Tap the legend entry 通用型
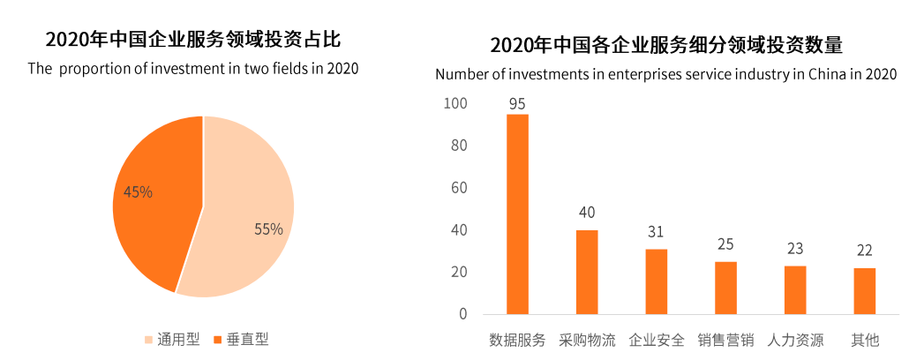(x=172, y=339)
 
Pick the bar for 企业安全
(x=656, y=281)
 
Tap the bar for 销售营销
(x=725, y=288)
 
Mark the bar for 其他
(x=864, y=291)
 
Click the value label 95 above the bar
(x=517, y=104)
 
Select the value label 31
(x=656, y=232)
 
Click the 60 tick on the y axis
(x=459, y=188)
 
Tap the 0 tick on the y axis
(x=462, y=314)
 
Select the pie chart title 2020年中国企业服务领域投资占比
(x=193, y=40)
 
